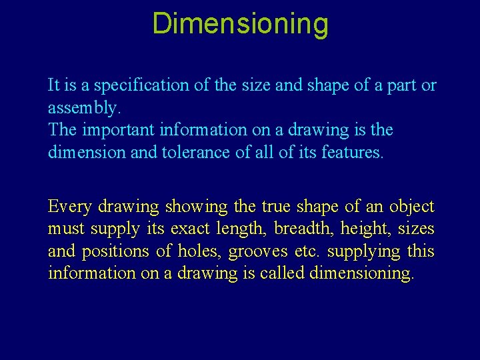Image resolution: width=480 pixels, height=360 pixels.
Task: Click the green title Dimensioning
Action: (240, 23)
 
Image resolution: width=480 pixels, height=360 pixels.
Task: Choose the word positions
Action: (116, 251)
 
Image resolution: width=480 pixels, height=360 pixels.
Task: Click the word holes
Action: (199, 251)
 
